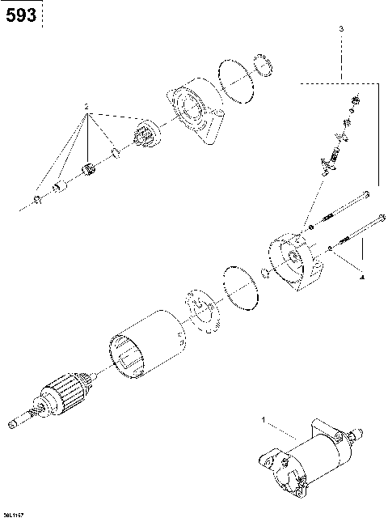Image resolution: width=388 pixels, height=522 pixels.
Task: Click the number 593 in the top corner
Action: click(x=20, y=15)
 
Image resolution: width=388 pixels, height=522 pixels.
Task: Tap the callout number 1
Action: click(x=263, y=420)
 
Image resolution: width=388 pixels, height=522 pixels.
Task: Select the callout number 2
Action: click(x=88, y=107)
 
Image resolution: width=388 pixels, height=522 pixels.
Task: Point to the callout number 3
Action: click(x=341, y=28)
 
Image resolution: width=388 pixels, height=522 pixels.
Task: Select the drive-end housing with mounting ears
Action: click(x=193, y=112)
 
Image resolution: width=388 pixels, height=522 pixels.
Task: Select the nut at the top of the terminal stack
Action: click(x=352, y=100)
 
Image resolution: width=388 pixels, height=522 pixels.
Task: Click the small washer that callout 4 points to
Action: click(x=331, y=248)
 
